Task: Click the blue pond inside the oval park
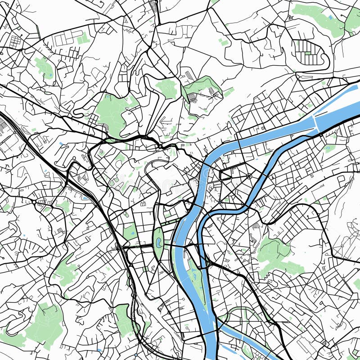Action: (x=158, y=241)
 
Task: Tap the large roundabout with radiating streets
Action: (x=249, y=175)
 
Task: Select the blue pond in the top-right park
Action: (x=331, y=17)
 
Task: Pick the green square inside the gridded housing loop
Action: (x=307, y=53)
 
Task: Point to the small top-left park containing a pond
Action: (x=44, y=67)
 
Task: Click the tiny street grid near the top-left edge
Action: (x=15, y=41)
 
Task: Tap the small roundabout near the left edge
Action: (x=34, y=202)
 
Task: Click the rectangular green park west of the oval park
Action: (x=130, y=232)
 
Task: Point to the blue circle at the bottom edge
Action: (x=136, y=355)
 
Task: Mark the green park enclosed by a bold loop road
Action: (x=202, y=90)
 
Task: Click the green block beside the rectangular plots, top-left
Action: (x=83, y=40)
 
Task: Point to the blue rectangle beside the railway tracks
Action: (x=85, y=198)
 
